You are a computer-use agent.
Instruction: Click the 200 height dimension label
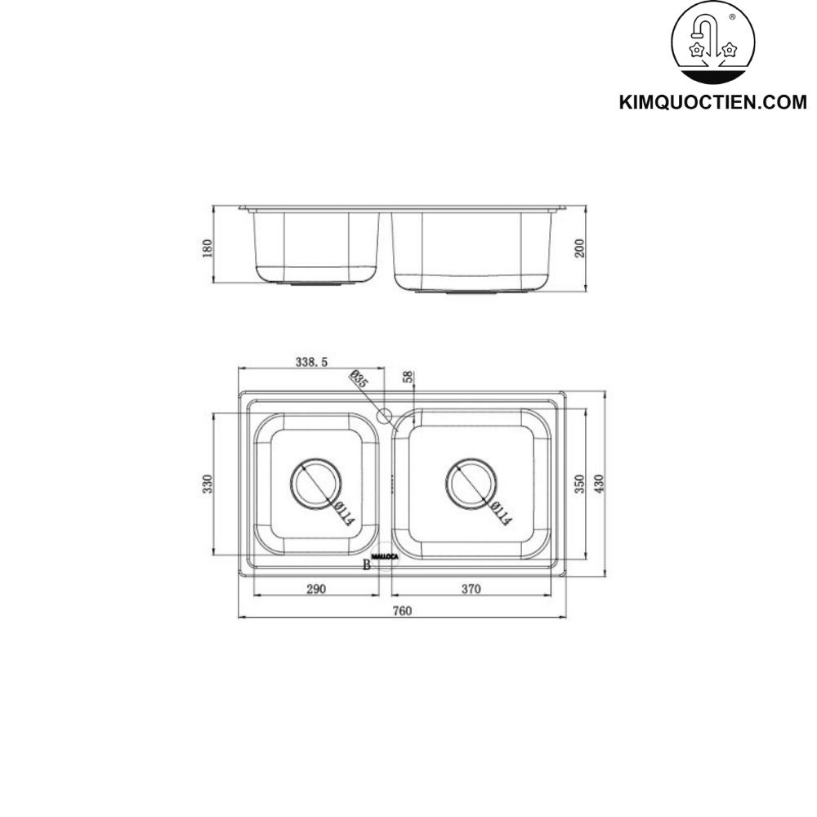[x=580, y=248]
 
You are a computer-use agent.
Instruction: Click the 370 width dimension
[x=471, y=588]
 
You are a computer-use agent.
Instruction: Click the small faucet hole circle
[x=384, y=416]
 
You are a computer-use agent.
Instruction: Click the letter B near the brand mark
[x=366, y=564]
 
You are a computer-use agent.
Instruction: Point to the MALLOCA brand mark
[x=385, y=557]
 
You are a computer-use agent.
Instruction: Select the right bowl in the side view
[x=471, y=250]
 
